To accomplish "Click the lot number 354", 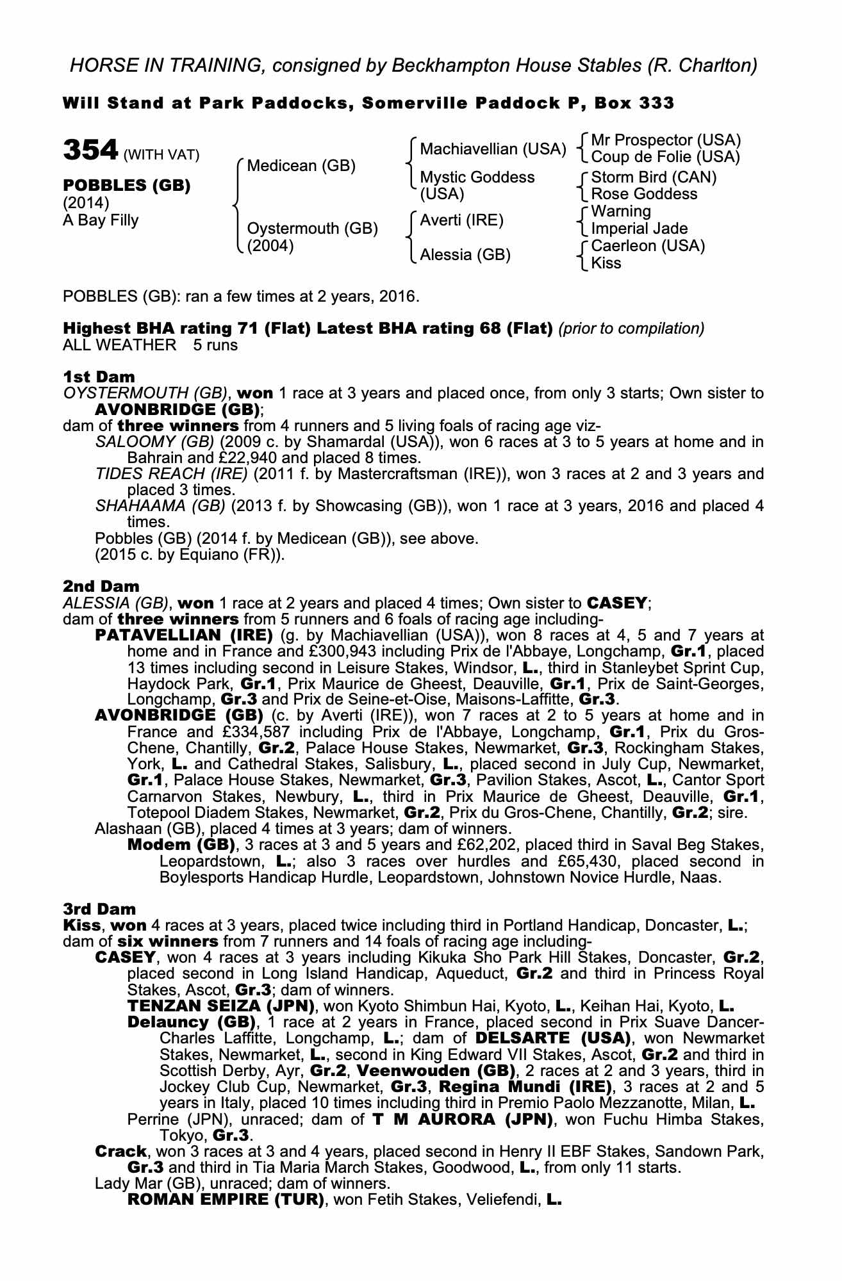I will point(90,151).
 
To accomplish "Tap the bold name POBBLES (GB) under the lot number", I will point(126,186).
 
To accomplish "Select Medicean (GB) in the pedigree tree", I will point(301,166).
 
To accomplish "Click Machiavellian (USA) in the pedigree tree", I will point(493,149).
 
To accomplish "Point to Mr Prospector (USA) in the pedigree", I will point(666,140).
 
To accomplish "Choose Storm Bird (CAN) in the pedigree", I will point(654,177).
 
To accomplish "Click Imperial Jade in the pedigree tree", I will point(639,229).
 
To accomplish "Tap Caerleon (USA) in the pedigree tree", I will point(648,246).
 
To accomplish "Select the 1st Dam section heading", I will point(99,376).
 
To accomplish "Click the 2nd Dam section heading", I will point(101,586).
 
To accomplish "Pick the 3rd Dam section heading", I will point(100,909).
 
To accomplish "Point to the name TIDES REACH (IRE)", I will point(171,474).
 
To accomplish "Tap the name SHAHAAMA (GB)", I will point(160,506).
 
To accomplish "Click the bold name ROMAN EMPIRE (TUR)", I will point(226,1199).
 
